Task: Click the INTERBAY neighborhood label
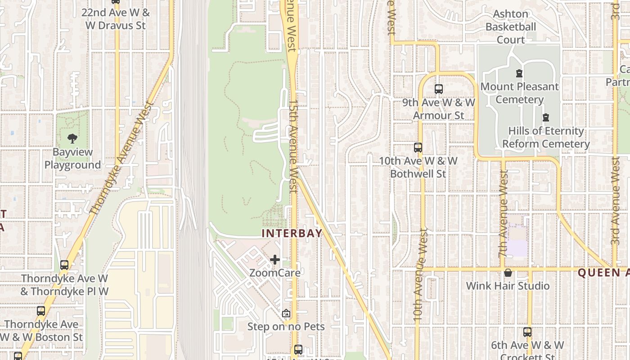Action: [292, 233]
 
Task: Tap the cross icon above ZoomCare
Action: [275, 260]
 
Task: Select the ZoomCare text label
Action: [275, 273]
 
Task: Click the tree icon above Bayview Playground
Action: [72, 138]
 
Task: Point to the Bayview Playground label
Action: [72, 158]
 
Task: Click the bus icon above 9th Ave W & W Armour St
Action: [439, 89]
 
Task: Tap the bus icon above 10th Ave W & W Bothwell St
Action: [418, 148]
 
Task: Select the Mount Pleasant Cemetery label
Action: [520, 93]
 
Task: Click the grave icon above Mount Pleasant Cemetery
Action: [519, 73]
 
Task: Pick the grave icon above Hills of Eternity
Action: [546, 118]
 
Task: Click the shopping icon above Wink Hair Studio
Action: [508, 273]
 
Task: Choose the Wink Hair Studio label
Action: [508, 286]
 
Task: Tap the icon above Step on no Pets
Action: [286, 313]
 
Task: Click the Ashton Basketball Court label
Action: [511, 27]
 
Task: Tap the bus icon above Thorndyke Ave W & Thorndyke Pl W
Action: [64, 265]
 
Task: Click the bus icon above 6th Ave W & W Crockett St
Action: [527, 333]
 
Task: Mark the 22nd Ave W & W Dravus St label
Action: [116, 19]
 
